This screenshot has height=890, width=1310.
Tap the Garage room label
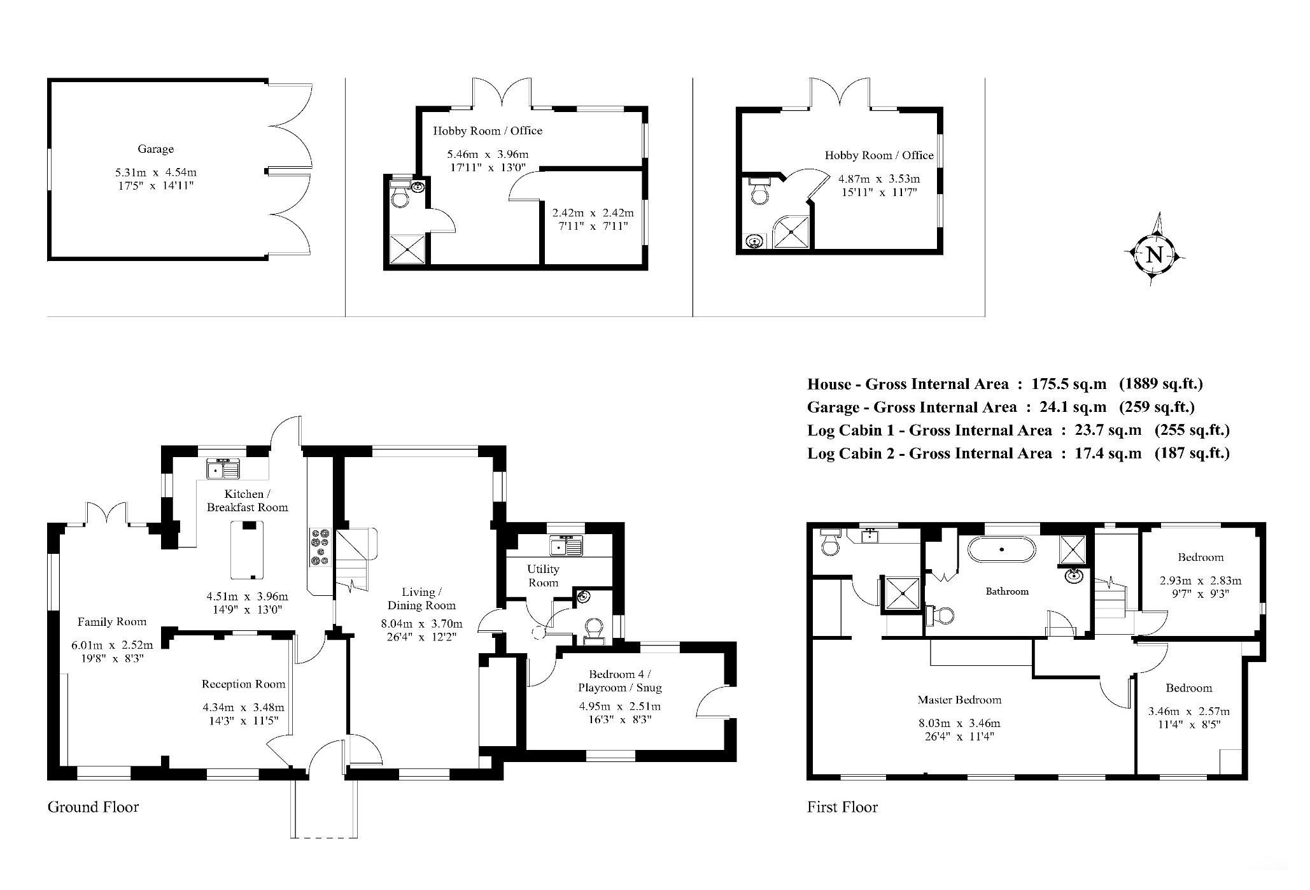pyautogui.click(x=155, y=149)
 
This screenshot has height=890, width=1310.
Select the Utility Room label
pyautogui.click(x=543, y=576)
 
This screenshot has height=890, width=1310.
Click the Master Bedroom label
pyautogui.click(x=959, y=700)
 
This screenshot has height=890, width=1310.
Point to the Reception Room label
pyautogui.click(x=243, y=684)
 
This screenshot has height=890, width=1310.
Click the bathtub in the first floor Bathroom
pyautogui.click(x=1001, y=549)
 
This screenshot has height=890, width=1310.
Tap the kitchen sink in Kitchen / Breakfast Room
pyautogui.click(x=223, y=469)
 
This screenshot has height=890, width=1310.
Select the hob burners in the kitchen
pyautogui.click(x=320, y=547)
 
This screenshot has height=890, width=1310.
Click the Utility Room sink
pyautogui.click(x=566, y=546)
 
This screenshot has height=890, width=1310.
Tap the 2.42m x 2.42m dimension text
pyautogui.click(x=593, y=213)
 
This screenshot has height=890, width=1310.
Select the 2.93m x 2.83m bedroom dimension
pyautogui.click(x=1201, y=581)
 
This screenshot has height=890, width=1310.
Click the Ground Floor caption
pyautogui.click(x=93, y=807)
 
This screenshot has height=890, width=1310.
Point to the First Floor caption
pyautogui.click(x=842, y=807)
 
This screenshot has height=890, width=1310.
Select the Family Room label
pyautogui.click(x=112, y=622)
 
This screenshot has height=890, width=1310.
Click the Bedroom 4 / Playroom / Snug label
pyautogui.click(x=620, y=681)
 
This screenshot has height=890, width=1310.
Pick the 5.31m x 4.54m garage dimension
pyautogui.click(x=156, y=173)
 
